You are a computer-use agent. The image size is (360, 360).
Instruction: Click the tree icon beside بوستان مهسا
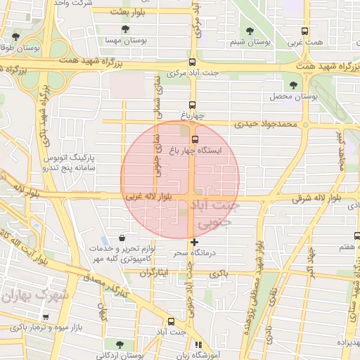pos(125,30)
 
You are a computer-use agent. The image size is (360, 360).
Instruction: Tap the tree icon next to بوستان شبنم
pos(249,30)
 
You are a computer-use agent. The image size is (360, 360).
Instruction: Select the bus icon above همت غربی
pos(304,32)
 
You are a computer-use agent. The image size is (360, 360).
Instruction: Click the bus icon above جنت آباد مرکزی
pos(192,61)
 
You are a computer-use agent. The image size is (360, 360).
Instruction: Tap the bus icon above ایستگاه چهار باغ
pos(195,138)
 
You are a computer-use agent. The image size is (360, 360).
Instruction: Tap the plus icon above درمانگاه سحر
pos(194,242)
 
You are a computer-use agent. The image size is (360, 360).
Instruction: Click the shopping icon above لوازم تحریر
pos(124,237)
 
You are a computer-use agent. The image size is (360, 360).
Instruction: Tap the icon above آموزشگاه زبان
pos(199,345)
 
